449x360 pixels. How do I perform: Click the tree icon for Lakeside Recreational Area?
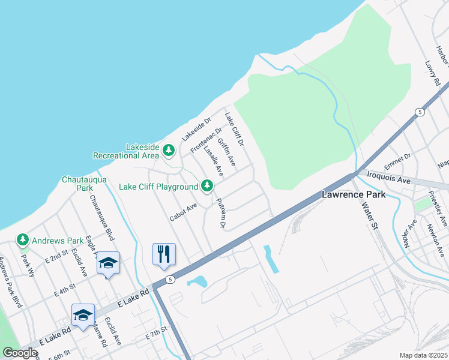tap(169, 149)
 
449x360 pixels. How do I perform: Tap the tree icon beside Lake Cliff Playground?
tap(208, 186)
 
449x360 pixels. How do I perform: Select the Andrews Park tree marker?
tap(23, 241)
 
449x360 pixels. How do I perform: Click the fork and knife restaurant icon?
tap(163, 254)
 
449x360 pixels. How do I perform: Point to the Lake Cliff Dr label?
tap(235, 130)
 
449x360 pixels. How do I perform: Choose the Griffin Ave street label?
tap(227, 154)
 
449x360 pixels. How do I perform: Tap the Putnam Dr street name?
tap(220, 214)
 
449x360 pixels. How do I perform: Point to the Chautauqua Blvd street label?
tap(101, 218)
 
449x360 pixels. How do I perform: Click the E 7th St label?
tap(156, 331)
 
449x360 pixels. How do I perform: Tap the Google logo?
tap(20, 353)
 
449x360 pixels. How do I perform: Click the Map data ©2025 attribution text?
tap(423, 355)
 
